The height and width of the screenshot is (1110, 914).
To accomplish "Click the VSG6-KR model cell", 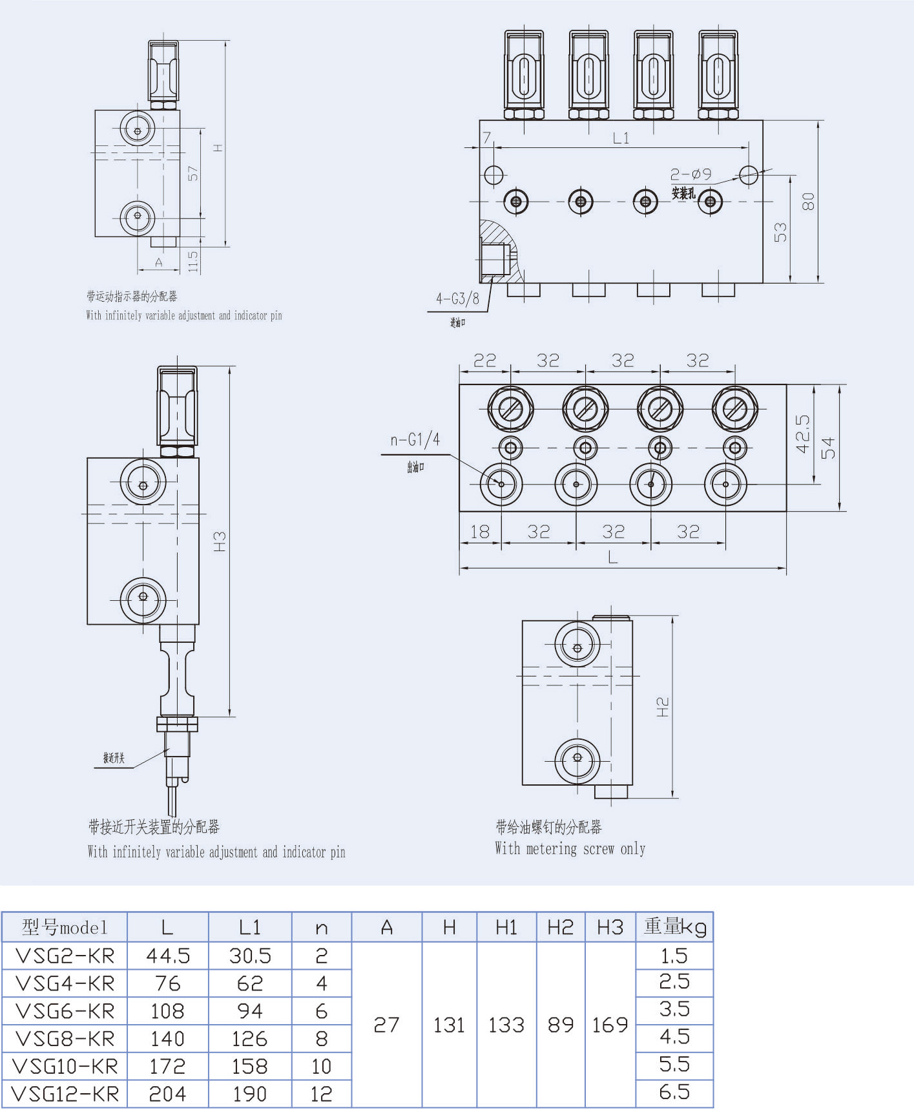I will coord(65,1011).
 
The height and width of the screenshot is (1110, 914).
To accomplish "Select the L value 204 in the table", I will coord(167,1094).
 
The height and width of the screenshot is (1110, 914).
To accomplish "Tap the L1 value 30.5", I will coord(250,956).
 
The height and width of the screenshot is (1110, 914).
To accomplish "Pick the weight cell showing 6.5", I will coord(674,1092).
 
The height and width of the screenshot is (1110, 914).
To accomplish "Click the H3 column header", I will coord(610,928).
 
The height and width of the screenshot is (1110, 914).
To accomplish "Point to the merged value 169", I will coord(610,1025).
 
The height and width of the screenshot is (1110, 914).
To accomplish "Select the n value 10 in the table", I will coord(321,1066).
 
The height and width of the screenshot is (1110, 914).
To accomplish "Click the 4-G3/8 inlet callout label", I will coord(457,298).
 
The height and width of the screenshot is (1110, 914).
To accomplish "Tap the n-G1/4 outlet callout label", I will coord(415,440).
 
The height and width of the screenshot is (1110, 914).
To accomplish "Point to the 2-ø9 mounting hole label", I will coord(691,174).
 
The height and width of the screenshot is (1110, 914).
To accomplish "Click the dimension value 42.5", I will coord(802,434).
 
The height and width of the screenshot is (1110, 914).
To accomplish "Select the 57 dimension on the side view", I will coord(193,173).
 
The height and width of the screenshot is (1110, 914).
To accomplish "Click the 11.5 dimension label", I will coord(193,261).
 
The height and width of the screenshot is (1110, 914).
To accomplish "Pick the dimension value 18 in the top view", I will coord(479,532).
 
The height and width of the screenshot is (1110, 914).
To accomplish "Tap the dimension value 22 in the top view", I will coord(484,360).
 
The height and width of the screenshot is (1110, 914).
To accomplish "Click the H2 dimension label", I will coord(663,707).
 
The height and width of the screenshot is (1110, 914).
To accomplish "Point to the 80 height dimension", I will coord(808,202).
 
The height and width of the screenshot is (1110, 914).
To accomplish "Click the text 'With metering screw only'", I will coord(570,849).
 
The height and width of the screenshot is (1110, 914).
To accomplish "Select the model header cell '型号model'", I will coord(65,928).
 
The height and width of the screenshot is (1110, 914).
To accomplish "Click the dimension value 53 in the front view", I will coord(780,232).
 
